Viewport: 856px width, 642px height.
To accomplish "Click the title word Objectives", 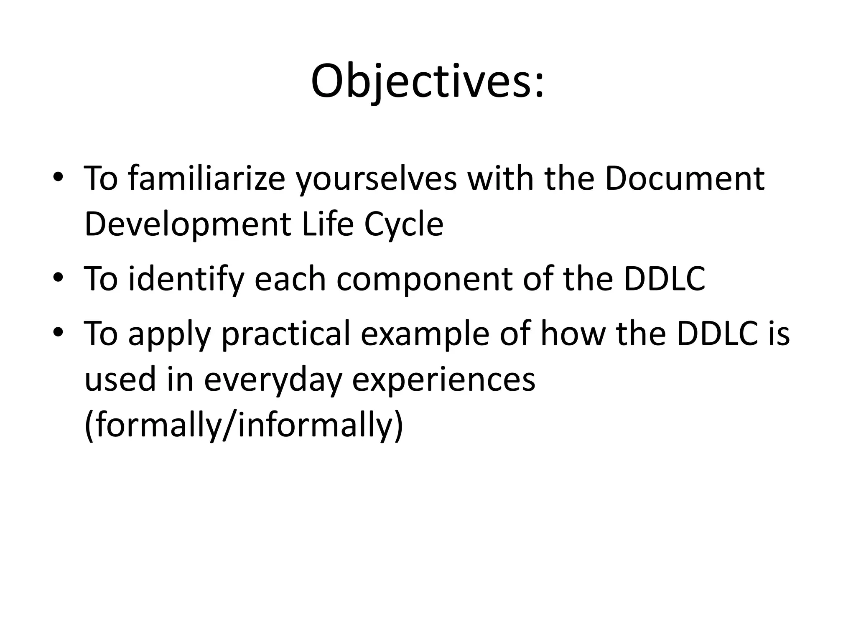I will [x=427, y=82].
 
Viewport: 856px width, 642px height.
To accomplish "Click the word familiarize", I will [x=206, y=179].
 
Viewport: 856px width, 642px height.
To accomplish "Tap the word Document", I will [x=684, y=179].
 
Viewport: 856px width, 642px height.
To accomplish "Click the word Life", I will [x=327, y=224].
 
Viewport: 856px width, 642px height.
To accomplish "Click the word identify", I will [x=186, y=279].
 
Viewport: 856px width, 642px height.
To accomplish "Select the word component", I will [x=424, y=280].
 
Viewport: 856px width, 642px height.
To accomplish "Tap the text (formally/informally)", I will [x=244, y=425].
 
